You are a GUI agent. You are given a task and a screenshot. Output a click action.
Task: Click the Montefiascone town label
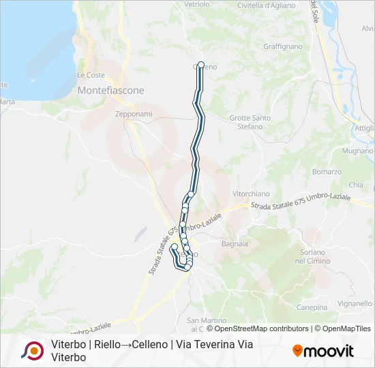[x=110, y=90]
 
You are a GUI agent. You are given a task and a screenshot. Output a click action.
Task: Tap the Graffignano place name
[x=282, y=47]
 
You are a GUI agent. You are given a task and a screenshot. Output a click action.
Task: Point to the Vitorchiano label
[x=248, y=194]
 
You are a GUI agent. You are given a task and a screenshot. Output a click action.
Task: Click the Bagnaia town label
[x=235, y=243]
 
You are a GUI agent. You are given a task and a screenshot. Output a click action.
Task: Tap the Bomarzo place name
[x=327, y=172]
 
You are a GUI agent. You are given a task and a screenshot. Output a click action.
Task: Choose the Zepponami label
[x=134, y=114]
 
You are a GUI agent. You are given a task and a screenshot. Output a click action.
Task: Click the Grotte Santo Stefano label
[x=250, y=122]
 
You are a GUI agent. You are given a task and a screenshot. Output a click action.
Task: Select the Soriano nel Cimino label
[x=313, y=257]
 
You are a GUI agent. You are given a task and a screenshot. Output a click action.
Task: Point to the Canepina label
[x=312, y=307]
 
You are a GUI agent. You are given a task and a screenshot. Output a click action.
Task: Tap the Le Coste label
[x=91, y=75]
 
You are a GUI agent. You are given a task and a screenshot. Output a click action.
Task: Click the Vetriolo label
[x=197, y=4]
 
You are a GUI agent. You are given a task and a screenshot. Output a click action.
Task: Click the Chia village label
[x=356, y=185]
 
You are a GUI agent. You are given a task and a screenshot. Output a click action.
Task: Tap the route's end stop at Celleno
[x=200, y=65]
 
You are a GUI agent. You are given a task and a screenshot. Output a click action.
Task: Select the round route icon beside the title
[x=32, y=350]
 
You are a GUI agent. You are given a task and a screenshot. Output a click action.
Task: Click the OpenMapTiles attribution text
[x=346, y=328]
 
